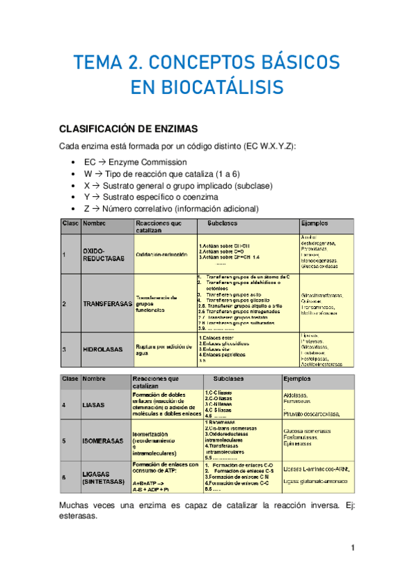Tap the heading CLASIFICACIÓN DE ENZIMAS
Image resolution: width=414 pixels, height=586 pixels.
tap(129, 128)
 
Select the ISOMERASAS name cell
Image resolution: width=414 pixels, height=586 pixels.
tap(104, 439)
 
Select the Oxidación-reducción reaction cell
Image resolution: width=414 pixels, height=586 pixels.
tap(162, 256)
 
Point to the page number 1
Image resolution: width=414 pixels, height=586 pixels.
tap(352, 548)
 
